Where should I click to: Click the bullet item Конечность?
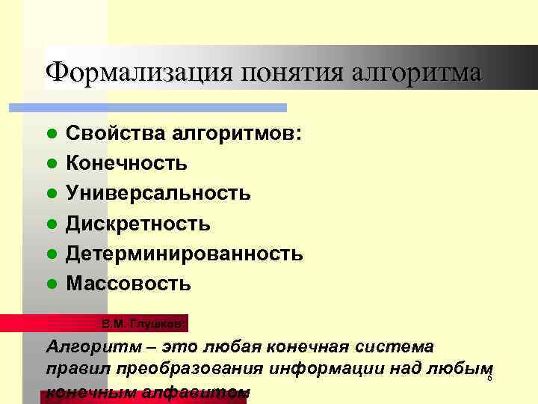127,163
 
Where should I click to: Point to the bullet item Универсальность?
158,194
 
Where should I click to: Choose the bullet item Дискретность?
138,224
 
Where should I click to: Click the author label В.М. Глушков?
143,324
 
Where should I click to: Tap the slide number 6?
489,379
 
